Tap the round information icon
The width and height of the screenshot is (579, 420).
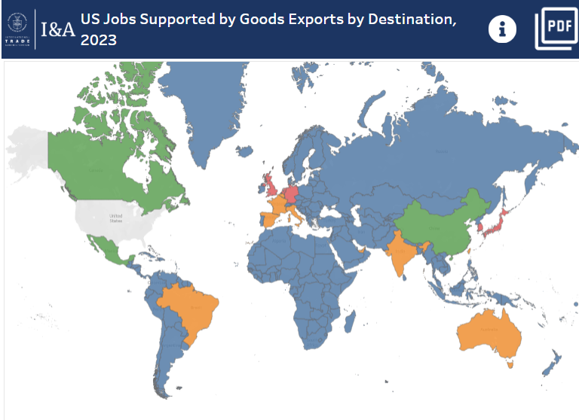coord(503,29)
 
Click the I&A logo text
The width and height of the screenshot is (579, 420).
coord(57,30)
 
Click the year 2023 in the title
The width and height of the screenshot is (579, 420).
coord(99,40)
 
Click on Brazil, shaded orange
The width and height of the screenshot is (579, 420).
coord(191,309)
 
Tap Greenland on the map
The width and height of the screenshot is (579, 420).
coord(205,105)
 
